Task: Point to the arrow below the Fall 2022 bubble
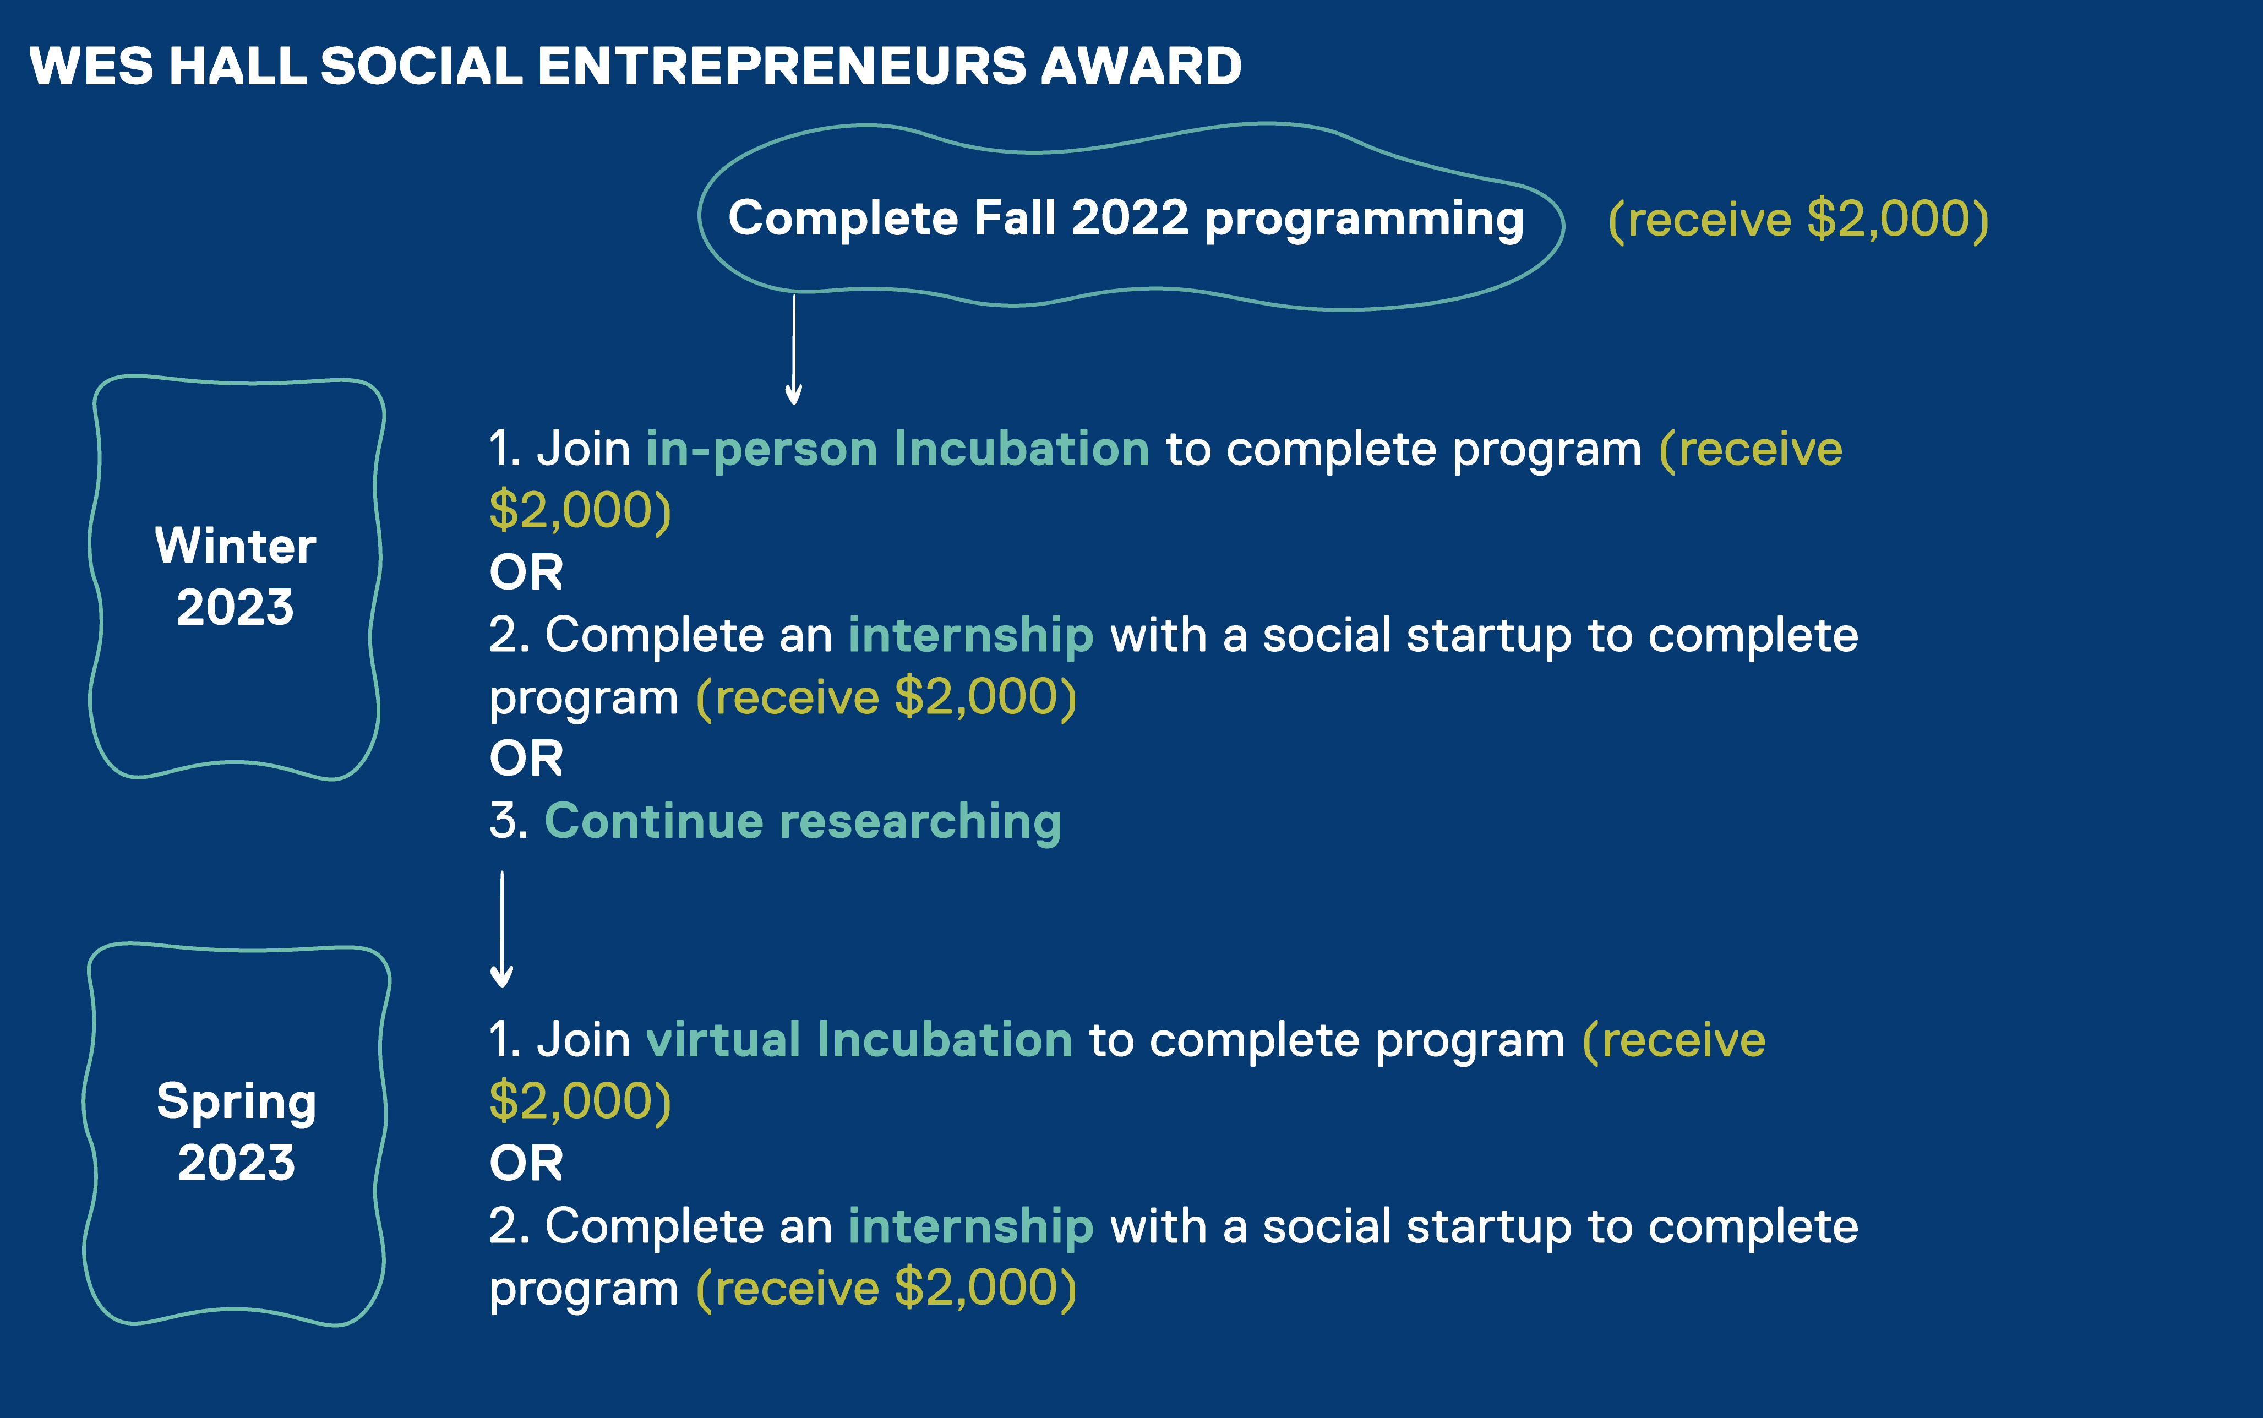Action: click(x=793, y=349)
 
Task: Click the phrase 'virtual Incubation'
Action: click(x=859, y=1040)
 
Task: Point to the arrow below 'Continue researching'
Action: click(x=501, y=929)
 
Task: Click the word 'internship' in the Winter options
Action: click(x=970, y=636)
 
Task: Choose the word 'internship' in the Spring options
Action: click(x=970, y=1226)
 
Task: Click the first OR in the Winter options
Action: click(x=526, y=572)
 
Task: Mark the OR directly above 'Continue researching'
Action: click(x=526, y=758)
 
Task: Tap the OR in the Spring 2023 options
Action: click(x=526, y=1164)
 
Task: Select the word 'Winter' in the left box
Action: click(x=236, y=546)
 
